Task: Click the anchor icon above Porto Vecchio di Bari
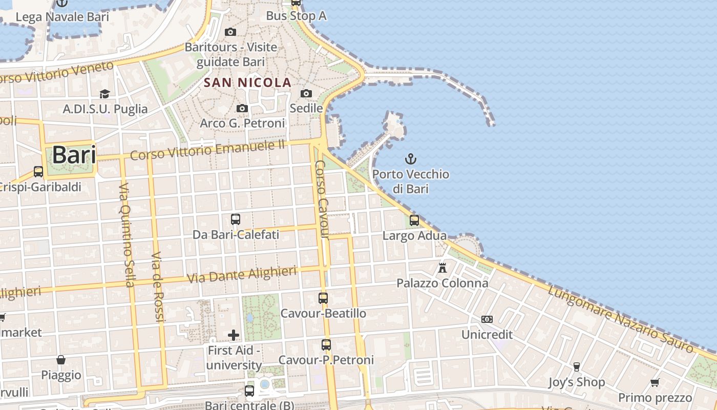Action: point(410,158)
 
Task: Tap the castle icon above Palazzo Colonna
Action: point(442,268)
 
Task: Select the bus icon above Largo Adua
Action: point(414,220)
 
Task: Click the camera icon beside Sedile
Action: point(306,93)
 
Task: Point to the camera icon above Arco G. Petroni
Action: point(242,108)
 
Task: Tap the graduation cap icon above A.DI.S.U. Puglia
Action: point(105,94)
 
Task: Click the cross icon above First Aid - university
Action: point(234,335)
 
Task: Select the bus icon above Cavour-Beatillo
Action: point(323,298)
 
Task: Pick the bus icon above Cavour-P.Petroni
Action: point(326,345)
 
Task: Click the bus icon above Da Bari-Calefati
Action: point(236,219)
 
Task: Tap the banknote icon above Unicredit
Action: point(487,319)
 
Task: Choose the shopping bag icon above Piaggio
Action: point(61,360)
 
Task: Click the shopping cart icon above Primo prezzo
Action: point(655,382)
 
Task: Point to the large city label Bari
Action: point(74,155)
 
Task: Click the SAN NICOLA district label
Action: point(248,83)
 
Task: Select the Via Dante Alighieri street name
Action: point(242,275)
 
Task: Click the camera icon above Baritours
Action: point(230,32)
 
